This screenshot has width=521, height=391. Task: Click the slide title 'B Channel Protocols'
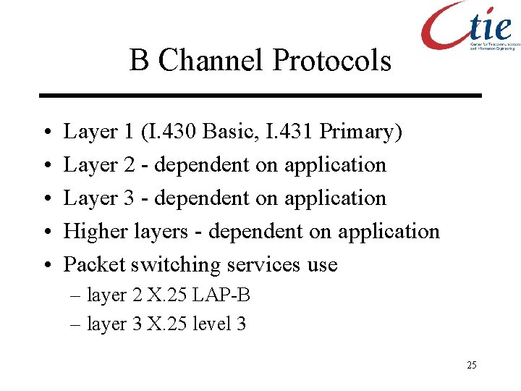coord(260,60)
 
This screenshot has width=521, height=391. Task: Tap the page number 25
coord(471,365)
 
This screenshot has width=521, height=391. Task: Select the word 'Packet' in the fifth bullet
coord(95,264)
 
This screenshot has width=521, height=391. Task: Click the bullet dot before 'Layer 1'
coord(46,133)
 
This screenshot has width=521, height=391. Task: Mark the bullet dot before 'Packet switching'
coord(46,265)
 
